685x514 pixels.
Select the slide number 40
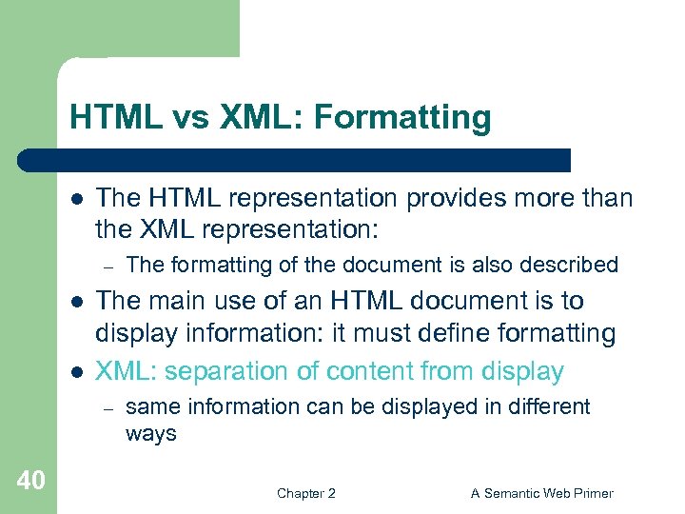coord(30,481)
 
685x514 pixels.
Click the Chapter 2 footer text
coord(305,493)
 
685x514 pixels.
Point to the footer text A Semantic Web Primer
coord(542,493)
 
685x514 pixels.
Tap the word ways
coord(150,434)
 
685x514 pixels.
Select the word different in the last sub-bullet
coord(550,407)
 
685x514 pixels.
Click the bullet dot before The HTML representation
coord(75,198)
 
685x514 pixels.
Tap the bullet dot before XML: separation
coord(75,371)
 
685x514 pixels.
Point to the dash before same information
coord(109,408)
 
